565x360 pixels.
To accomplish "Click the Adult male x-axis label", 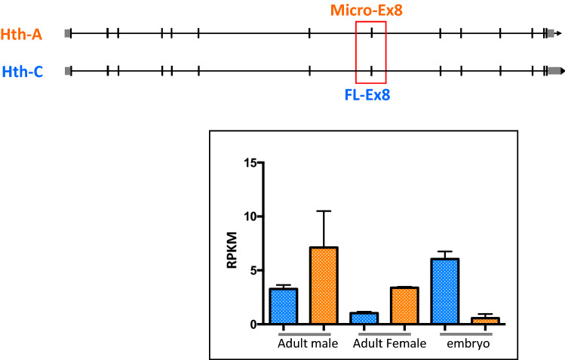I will (x=305, y=343).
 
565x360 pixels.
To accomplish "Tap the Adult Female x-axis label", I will (x=389, y=343).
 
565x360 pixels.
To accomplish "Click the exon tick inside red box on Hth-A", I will (x=371, y=33).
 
